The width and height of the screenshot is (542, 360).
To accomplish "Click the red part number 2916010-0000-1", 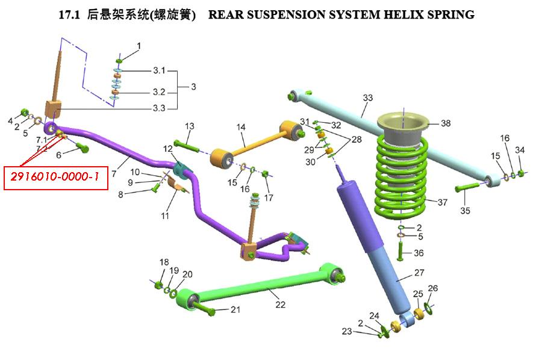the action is click(55, 177).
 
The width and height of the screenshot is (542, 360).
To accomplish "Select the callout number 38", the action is click(446, 123).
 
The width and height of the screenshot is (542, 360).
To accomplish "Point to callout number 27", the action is click(419, 273).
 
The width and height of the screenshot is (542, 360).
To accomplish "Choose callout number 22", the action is click(280, 305).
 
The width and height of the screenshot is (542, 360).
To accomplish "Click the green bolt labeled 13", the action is click(187, 146).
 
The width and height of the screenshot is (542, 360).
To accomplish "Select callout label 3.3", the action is click(159, 108).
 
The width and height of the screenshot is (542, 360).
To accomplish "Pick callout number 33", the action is click(368, 98).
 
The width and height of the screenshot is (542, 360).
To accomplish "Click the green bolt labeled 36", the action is click(400, 251).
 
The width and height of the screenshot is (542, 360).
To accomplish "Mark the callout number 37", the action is click(442, 202).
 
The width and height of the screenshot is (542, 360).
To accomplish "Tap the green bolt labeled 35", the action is click(467, 187).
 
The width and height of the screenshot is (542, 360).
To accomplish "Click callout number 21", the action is click(235, 309).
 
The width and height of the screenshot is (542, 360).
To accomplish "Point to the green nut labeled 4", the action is click(25, 113).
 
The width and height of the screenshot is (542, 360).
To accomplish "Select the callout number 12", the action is click(167, 149).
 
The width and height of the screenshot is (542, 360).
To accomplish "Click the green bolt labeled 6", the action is click(83, 148).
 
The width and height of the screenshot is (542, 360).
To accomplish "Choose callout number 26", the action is click(433, 288).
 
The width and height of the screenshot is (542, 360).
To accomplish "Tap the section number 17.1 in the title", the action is click(69, 14).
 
